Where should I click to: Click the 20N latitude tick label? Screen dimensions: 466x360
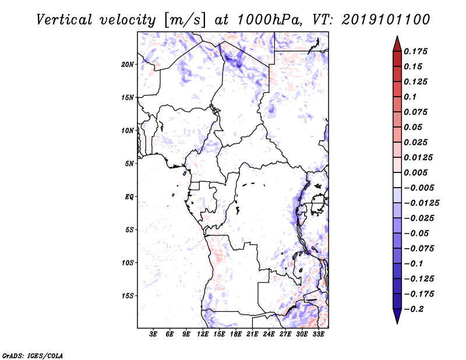click(128, 65)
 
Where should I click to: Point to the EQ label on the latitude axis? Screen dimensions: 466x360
click(129, 197)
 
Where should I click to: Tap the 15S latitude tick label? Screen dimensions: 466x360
click(128, 296)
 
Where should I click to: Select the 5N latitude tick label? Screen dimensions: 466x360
click(129, 164)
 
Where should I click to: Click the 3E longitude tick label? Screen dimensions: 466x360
click(153, 334)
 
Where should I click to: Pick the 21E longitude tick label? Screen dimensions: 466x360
click(252, 334)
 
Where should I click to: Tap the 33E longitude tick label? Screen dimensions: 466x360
click(318, 334)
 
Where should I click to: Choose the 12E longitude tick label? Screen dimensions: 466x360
click(203, 334)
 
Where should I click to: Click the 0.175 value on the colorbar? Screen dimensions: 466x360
click(415, 51)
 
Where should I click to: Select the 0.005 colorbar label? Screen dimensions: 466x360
click(415, 172)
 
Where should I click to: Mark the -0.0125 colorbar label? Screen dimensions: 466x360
click(422, 203)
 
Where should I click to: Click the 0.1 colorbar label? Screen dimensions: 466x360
click(410, 97)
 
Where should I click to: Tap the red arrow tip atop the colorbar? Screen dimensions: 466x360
click(397, 36)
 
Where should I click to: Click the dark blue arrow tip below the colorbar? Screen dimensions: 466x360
click(397, 323)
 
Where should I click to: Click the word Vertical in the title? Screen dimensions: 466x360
click(64, 20)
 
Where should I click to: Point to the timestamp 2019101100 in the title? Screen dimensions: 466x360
click(386, 20)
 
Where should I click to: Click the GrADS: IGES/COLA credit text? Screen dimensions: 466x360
click(33, 356)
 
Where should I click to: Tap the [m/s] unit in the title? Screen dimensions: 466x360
click(184, 20)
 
